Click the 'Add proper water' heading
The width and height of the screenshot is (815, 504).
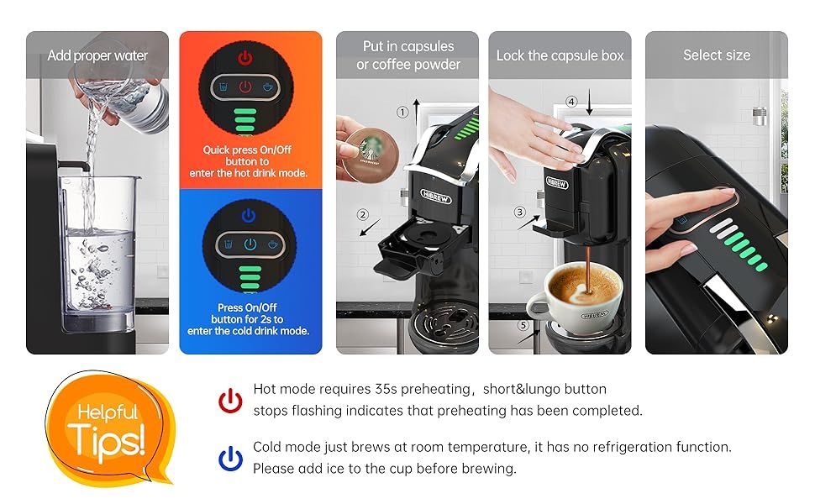97,55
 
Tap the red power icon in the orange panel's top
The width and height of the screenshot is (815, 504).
245,58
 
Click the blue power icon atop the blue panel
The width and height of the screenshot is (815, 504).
249,215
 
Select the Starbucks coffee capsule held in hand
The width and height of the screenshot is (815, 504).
370,155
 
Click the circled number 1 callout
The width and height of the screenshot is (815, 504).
402,113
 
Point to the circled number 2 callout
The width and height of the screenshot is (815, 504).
363,214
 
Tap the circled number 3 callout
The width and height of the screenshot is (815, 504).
519,212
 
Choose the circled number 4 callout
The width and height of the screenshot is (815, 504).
571,102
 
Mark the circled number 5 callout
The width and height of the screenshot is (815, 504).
523,325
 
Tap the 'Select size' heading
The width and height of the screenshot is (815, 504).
717,55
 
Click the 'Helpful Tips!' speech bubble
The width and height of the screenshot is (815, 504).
110,428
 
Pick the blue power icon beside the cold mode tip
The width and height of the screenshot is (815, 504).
230,459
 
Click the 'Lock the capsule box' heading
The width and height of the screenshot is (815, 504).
560,55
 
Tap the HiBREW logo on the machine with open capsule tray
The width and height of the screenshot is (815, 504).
436,197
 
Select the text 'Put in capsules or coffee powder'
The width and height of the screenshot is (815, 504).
408,55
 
